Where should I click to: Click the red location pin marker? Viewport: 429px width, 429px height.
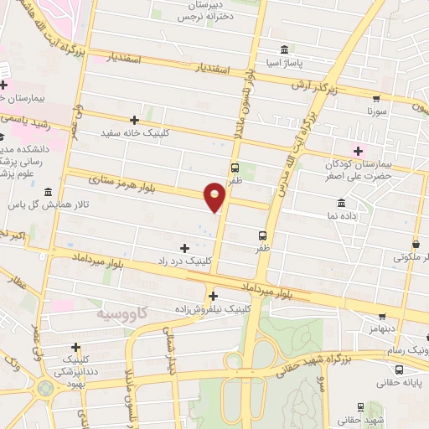215,197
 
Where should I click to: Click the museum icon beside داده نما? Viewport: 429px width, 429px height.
341,203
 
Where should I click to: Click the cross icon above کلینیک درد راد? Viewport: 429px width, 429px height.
185,248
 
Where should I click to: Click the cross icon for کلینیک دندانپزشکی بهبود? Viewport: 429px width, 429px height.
76,347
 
